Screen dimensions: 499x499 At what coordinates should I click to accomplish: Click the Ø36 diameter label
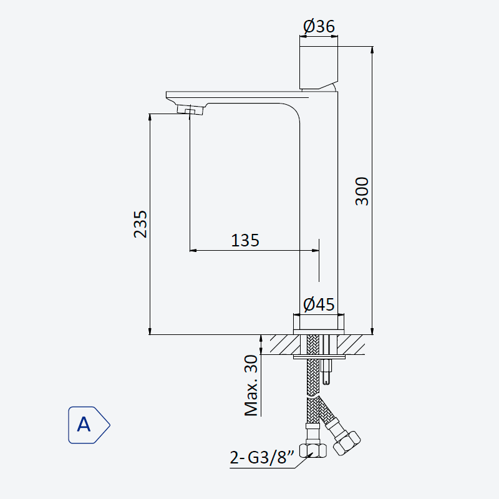(319, 26)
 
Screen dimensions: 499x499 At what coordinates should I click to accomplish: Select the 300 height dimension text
(362, 191)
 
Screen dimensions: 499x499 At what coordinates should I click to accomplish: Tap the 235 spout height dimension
(140, 224)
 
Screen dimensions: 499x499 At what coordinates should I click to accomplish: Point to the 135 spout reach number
(245, 240)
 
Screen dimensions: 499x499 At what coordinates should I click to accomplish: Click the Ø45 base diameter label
(319, 304)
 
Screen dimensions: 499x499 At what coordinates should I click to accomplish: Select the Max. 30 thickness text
(251, 385)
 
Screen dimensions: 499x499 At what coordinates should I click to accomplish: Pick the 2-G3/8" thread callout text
(262, 458)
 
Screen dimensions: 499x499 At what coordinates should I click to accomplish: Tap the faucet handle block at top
(319, 67)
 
